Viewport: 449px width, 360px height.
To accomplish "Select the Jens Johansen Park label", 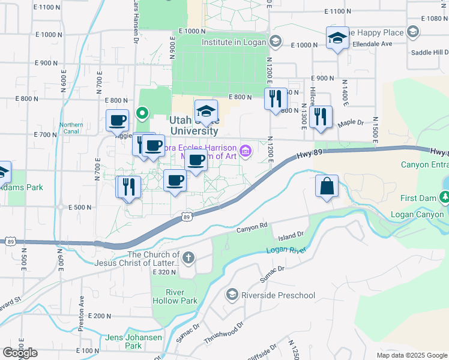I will [133, 341].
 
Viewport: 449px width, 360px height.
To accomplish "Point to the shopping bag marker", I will [327, 186].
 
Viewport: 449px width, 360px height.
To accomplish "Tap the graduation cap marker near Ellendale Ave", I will [338, 38].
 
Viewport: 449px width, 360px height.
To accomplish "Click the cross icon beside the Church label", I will [188, 259].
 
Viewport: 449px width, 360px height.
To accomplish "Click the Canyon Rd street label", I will [251, 227].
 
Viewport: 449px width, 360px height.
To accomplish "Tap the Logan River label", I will [282, 250].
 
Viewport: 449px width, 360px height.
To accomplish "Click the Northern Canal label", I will [71, 128].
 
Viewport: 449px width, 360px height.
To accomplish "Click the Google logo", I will [20, 353].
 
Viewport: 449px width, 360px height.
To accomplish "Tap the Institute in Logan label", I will [234, 42].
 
